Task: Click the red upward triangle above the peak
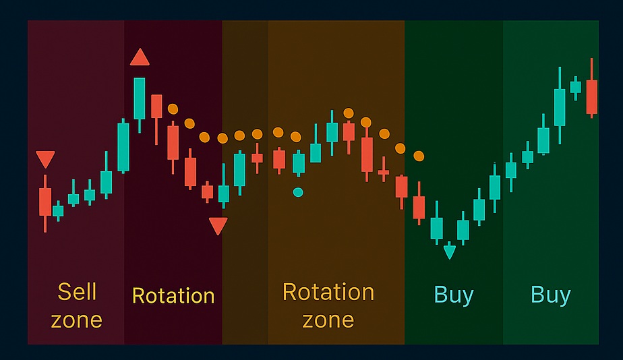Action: [x=140, y=58]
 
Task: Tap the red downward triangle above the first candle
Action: [x=45, y=160]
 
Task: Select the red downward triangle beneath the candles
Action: [x=218, y=226]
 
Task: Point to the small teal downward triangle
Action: [x=450, y=252]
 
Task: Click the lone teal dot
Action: [x=298, y=192]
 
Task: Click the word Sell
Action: [x=77, y=292]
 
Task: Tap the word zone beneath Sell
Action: [x=77, y=319]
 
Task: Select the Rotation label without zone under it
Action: [x=173, y=295]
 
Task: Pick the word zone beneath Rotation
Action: [x=328, y=319]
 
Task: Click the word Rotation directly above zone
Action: [x=328, y=292]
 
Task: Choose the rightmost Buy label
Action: [x=550, y=295]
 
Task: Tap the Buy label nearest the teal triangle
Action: [x=454, y=295]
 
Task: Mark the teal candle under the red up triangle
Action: [x=140, y=98]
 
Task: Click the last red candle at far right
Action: [x=592, y=96]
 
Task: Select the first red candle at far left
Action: [x=45, y=202]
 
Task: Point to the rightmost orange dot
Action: [x=419, y=156]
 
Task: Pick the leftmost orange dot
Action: [x=173, y=109]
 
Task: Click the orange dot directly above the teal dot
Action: [x=295, y=136]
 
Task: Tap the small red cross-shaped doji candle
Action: [x=384, y=173]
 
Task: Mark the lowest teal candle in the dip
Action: [x=437, y=227]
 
